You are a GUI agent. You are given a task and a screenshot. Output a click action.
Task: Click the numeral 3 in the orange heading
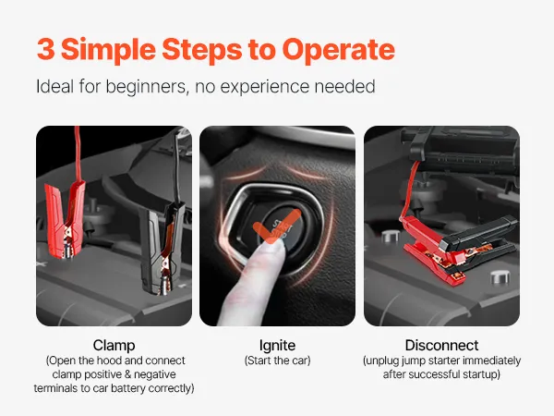(x=46, y=49)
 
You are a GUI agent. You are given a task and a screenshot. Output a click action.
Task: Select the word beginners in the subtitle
(x=146, y=87)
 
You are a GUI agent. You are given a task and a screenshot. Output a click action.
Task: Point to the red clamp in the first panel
(x=66, y=219)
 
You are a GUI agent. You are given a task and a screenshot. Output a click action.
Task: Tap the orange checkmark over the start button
(x=277, y=226)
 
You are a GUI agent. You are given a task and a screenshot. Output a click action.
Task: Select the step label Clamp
(x=114, y=346)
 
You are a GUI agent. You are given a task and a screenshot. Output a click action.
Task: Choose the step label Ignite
(x=277, y=346)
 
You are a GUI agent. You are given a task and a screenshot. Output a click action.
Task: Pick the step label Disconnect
(x=441, y=345)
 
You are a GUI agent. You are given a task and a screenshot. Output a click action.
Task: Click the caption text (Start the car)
(x=277, y=361)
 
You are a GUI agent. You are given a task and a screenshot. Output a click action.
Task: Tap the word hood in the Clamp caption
(x=109, y=361)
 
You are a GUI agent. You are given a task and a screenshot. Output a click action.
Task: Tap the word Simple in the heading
(x=108, y=51)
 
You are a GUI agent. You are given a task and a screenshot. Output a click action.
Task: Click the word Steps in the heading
(x=201, y=51)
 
